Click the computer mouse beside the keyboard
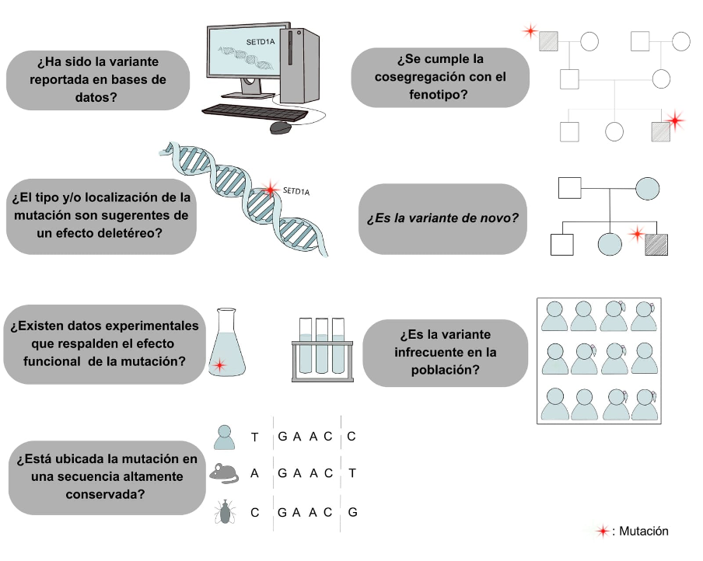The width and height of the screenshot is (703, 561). pos(281,127)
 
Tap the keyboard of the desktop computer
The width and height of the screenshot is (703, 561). pos(254,113)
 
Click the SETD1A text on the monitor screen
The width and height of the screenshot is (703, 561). pos(261,42)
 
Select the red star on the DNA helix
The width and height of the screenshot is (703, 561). pos(270,189)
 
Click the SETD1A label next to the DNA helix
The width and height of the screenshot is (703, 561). pos(296,191)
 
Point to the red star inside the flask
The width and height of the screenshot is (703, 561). pos(219,365)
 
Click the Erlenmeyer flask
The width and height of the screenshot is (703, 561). pos(226,342)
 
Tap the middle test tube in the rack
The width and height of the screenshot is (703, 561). pos(322,346)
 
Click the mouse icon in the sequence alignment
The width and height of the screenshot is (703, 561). pos(224,473)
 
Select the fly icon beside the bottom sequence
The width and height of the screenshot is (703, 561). pos(225,512)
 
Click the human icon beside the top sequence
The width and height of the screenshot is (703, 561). pos(224,437)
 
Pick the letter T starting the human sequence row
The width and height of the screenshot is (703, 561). pos(254,437)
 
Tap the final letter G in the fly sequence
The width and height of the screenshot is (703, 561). pos(353,512)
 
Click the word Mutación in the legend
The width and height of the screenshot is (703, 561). pos(644,531)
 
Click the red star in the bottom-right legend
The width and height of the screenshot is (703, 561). pos(603,531)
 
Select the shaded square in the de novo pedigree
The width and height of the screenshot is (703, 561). pos(656,245)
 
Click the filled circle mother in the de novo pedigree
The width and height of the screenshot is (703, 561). pos(648,188)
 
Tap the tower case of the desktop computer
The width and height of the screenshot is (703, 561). pos(299,65)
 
